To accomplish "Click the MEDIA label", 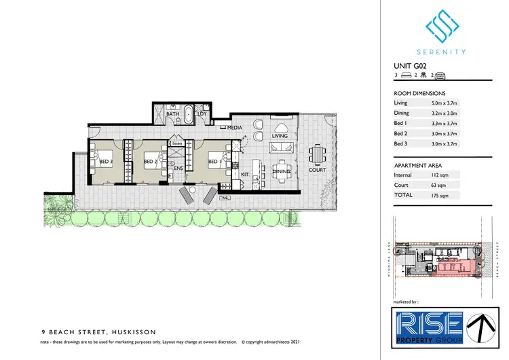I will (x=235, y=128).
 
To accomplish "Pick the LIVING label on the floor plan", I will (x=280, y=136).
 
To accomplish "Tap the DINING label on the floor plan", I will (x=282, y=173).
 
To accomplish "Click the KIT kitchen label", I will (x=246, y=175).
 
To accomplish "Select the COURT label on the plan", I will (x=317, y=170).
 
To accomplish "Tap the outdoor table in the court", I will (x=317, y=155).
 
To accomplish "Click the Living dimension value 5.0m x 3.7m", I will (x=449, y=103).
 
